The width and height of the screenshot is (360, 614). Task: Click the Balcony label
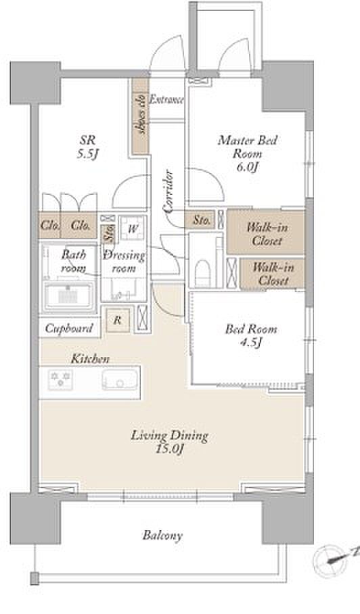coord(162,536)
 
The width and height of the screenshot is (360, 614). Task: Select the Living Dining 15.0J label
coord(170,442)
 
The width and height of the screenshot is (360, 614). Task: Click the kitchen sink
coord(120,379)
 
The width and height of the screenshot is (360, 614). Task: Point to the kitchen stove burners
coord(60,379)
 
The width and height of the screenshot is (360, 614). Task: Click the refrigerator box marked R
coord(117,321)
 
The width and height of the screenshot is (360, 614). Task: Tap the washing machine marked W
coord(133,229)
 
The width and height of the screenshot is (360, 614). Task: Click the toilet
coord(202,273)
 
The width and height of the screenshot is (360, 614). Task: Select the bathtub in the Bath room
coord(69,296)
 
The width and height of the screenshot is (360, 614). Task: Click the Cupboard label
coord(69,328)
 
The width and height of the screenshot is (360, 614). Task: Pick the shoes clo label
coord(141,114)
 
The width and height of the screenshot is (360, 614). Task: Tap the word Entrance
coord(167,99)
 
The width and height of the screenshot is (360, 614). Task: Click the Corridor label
coord(169,191)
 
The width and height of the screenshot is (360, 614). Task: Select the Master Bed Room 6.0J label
coord(247,153)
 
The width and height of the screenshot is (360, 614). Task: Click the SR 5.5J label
coord(87,147)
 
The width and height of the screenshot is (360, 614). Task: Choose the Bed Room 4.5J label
coord(250,335)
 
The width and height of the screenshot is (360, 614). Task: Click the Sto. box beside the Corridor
coord(202,220)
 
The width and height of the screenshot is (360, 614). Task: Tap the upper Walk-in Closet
coord(266,233)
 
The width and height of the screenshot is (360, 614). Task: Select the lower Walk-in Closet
coord(272,274)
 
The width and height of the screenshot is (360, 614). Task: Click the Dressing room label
coord(125,262)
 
